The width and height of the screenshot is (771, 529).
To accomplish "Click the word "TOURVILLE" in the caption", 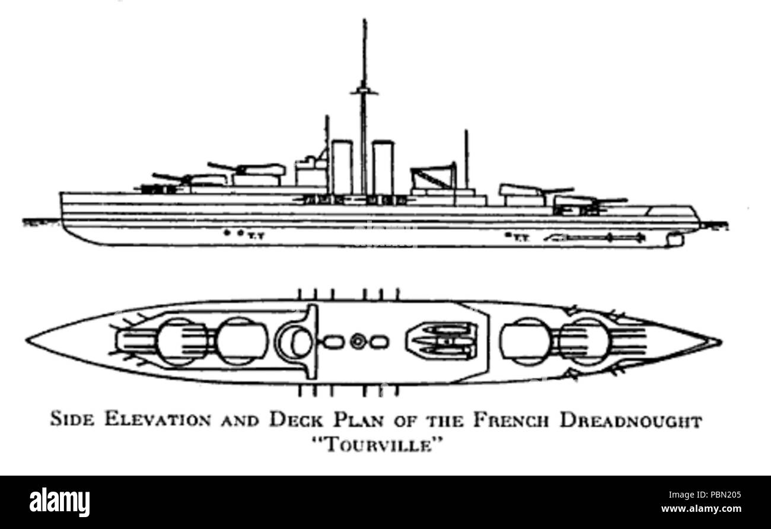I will coord(385,444).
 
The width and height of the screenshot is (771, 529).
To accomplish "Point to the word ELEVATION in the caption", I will coord(163,422).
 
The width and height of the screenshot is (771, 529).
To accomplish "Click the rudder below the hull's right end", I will coord(676,238).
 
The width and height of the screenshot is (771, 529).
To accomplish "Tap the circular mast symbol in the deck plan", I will coord(357,342).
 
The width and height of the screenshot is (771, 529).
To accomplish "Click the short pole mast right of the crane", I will coord(466,157).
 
